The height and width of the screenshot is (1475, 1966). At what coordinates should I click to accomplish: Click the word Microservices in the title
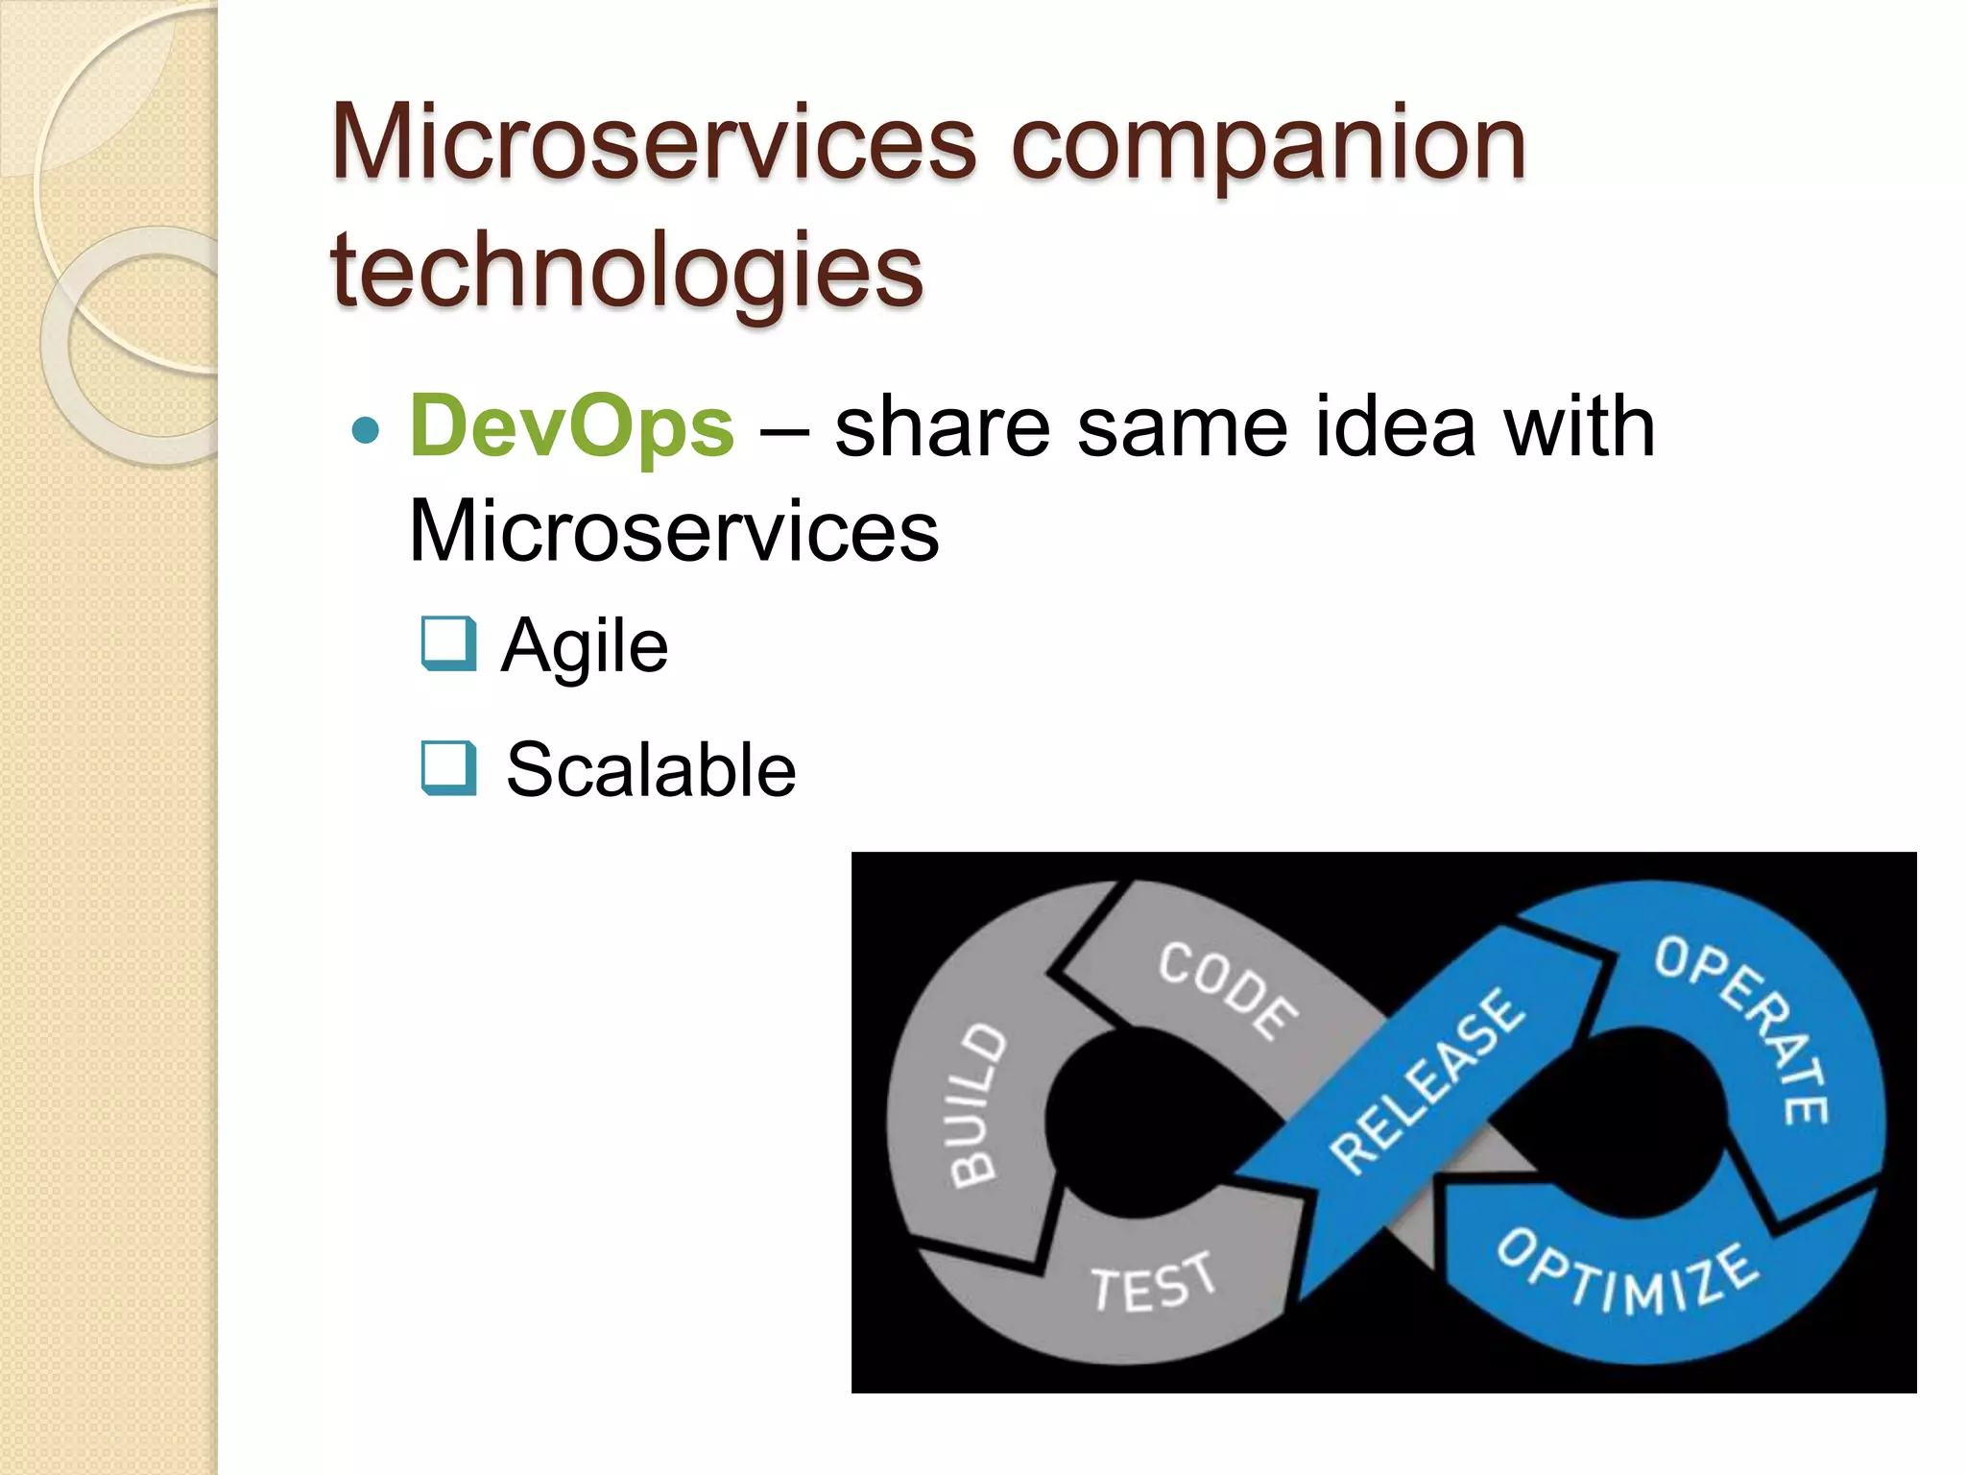(653, 144)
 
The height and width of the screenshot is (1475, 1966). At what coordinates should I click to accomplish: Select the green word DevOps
(572, 427)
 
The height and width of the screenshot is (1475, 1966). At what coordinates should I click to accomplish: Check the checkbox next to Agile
(448, 642)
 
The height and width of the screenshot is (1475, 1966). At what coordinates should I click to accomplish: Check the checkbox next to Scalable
(448, 768)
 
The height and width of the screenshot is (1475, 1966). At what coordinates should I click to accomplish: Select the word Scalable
(651, 770)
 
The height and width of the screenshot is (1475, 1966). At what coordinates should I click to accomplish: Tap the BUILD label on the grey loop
(977, 1104)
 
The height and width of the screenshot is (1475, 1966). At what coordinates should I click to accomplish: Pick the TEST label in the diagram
(1152, 1283)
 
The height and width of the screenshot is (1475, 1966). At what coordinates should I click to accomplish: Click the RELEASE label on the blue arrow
(1427, 1080)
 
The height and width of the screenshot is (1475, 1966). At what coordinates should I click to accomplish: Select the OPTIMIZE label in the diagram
(1628, 1272)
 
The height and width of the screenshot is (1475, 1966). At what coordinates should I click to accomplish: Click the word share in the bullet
(943, 427)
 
